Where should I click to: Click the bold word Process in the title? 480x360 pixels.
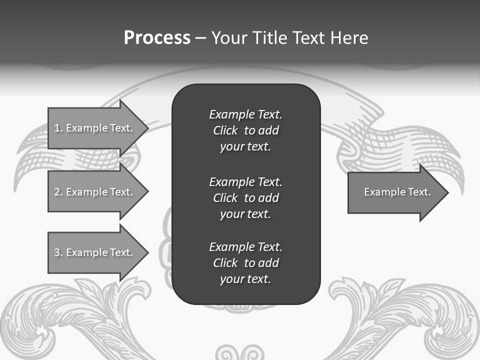(157, 38)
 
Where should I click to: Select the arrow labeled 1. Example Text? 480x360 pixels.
(93, 128)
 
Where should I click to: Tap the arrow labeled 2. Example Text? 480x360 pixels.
(93, 192)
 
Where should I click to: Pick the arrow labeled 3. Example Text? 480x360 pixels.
(93, 252)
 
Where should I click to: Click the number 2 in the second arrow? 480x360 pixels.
(57, 192)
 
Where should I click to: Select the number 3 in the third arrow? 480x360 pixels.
(57, 252)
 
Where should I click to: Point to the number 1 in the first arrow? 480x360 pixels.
(57, 128)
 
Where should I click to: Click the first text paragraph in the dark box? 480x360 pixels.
(245, 130)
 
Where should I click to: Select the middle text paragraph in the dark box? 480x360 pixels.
(245, 198)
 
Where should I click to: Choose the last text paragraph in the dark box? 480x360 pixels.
(245, 263)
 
